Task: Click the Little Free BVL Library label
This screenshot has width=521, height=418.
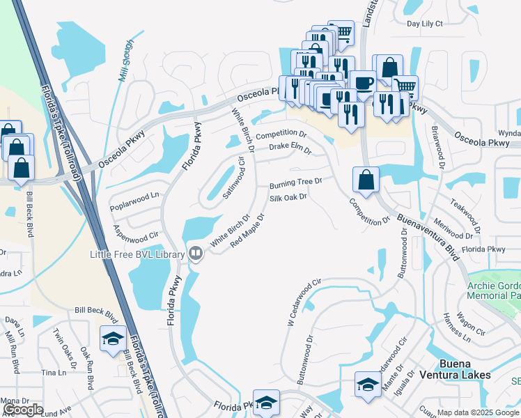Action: pos(137,254)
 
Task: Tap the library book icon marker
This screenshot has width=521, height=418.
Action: pos(196,254)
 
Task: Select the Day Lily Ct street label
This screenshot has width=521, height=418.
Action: pos(424,24)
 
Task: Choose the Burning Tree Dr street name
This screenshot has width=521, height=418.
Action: pos(296,184)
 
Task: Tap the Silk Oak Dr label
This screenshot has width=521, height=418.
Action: pos(288,199)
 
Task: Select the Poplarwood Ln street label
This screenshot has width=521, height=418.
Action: pos(134,201)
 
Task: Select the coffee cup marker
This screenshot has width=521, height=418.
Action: pos(362,82)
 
